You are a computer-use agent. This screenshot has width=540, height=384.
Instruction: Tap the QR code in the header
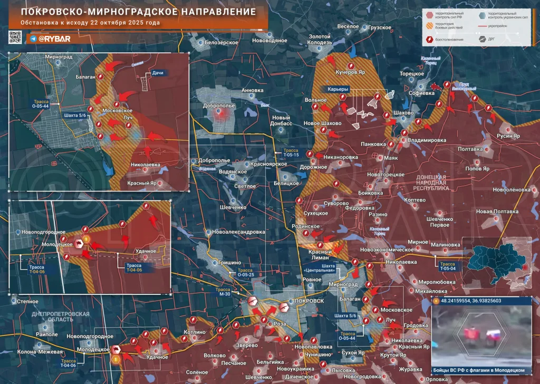pyautogui.click(x=15, y=37)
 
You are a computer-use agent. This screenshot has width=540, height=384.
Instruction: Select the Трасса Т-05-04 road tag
pyautogui.click(x=448, y=266)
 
